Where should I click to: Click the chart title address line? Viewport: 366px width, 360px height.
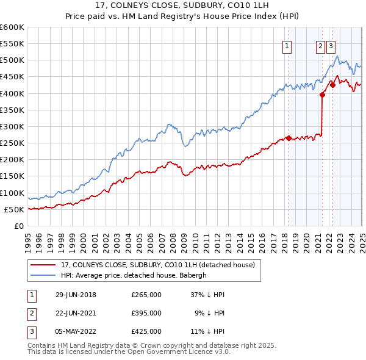tap(182, 5)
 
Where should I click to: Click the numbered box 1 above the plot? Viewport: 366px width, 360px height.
tap(287, 45)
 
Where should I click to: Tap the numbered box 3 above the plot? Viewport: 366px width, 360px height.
tap(331, 45)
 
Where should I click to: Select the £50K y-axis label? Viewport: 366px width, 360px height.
tap(14, 209)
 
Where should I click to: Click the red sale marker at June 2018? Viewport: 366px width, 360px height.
tap(289, 138)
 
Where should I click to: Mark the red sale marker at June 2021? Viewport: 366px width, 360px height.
tap(322, 95)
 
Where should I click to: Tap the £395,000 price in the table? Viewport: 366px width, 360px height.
tap(146, 313)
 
